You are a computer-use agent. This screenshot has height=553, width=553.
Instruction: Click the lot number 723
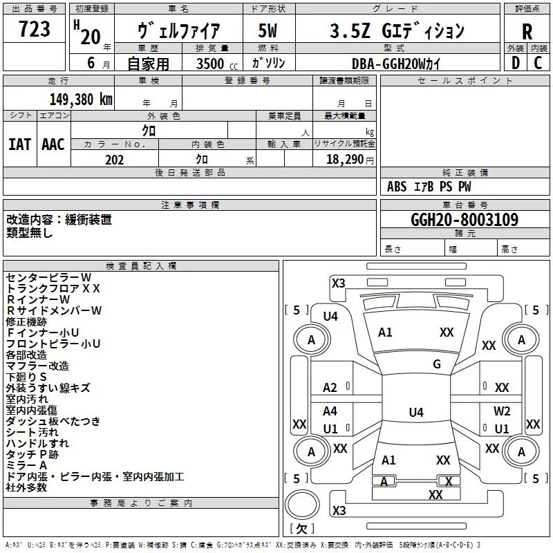point(35,30)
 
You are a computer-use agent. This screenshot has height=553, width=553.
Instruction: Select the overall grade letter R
point(527,31)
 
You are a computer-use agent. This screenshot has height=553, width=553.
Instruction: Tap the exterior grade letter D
point(515,62)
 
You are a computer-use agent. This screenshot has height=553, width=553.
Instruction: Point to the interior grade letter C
point(538,62)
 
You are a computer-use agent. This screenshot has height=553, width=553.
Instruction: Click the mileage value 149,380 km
point(81,99)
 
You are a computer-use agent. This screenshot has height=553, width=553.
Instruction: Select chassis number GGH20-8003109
point(464,220)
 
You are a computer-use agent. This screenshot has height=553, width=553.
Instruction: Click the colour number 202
point(114,160)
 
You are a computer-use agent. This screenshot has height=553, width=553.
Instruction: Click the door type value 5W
point(268,31)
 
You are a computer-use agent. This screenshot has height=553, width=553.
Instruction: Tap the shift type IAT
point(20,144)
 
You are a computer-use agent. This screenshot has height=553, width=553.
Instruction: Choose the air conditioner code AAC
point(53,144)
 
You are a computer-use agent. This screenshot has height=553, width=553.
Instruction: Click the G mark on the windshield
point(436,364)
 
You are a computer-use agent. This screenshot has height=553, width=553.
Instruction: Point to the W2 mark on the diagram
point(502,411)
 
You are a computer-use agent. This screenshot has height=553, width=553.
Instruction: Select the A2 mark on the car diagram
point(330,388)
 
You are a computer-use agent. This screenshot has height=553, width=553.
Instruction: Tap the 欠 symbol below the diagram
point(301,528)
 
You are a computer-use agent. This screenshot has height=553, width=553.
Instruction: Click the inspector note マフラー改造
point(37,366)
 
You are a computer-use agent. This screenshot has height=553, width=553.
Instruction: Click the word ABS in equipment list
point(397,187)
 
